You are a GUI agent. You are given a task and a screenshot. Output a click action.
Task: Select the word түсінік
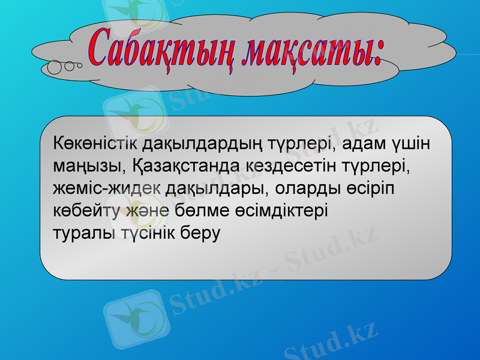[x=146, y=233]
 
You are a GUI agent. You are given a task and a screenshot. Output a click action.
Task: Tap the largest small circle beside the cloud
[x=54, y=67]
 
